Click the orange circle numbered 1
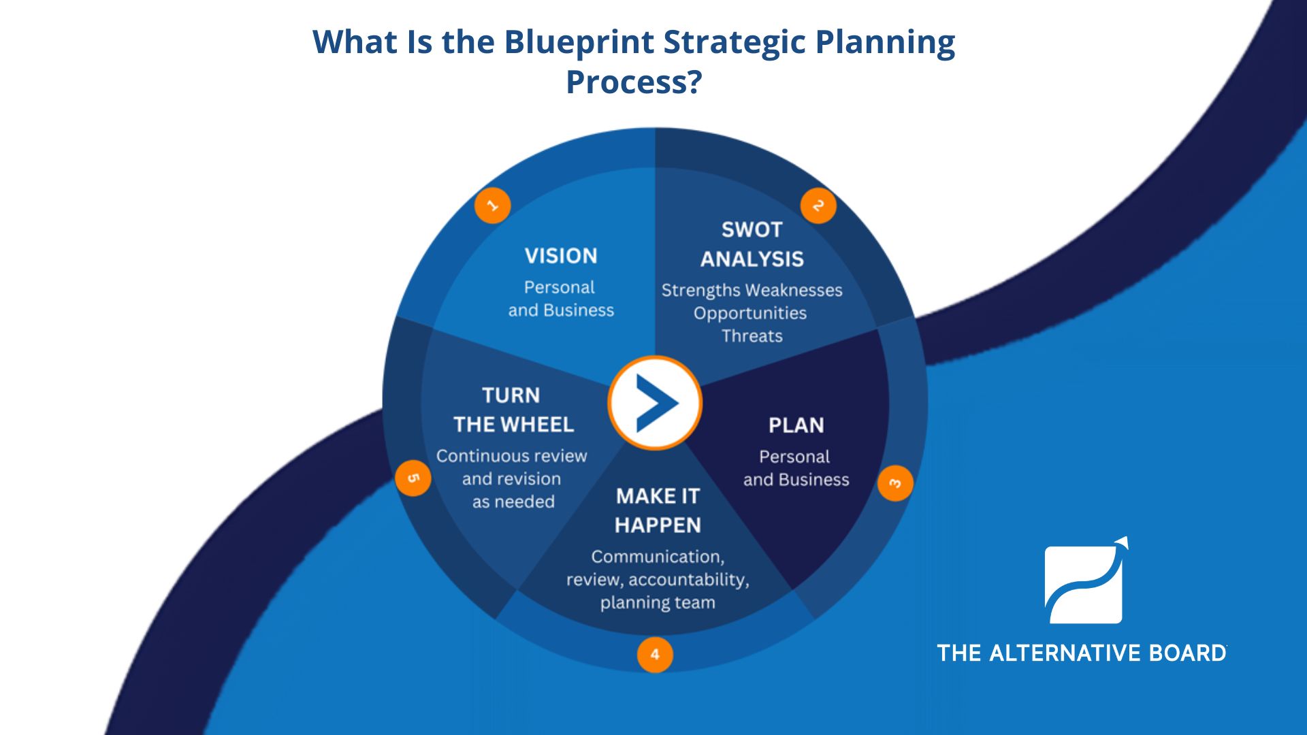[492, 205]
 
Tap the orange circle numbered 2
[818, 206]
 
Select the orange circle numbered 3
[894, 483]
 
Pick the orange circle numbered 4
[654, 655]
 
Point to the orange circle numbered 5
[413, 478]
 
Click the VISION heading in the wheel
[561, 256]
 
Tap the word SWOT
[752, 230]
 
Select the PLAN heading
[796, 425]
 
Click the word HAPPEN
[658, 525]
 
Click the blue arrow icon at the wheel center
[655, 403]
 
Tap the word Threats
[752, 336]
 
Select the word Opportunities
[750, 313]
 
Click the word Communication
[657, 557]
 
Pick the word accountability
[688, 580]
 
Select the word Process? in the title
[634, 82]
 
